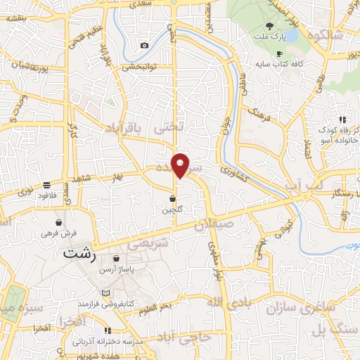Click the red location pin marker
[x=181, y=165]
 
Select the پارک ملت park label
[x=271, y=35]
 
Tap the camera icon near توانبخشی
[x=144, y=46]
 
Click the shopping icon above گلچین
[x=172, y=198]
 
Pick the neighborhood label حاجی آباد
[x=184, y=337]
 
